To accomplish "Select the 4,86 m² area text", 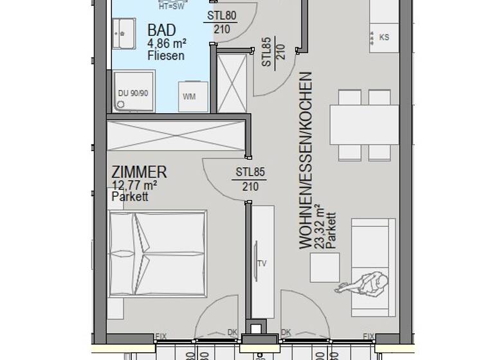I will coord(167,44).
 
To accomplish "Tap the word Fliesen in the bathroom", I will coord(165,56).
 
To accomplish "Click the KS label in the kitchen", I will coord(384,37).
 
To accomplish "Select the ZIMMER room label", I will coord(140,172).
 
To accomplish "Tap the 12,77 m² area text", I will coord(134,186).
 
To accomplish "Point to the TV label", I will coord(262,264).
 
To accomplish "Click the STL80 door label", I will coord(221,16).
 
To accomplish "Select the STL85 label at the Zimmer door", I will coord(250,172).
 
